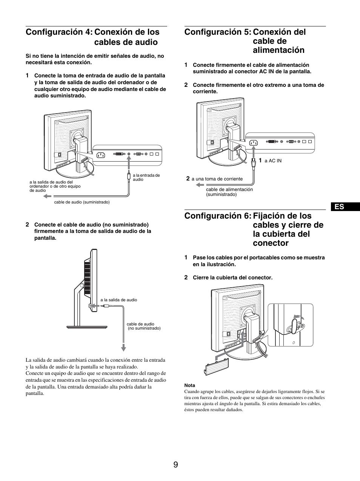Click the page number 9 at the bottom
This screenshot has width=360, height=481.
(175, 464)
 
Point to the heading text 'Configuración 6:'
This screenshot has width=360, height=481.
(217, 216)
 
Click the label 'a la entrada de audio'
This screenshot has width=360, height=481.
(146, 177)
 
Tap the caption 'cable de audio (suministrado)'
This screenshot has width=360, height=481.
(82, 202)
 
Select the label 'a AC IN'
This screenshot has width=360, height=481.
(273, 161)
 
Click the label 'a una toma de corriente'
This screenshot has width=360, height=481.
(217, 179)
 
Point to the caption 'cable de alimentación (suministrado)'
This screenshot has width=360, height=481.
(229, 192)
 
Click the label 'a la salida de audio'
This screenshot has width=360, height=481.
(118, 300)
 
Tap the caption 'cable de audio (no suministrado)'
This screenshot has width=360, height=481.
(143, 326)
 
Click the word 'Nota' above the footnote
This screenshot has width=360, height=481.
(189, 385)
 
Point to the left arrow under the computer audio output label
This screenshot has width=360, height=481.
(48, 196)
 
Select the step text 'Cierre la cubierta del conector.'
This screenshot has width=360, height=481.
(232, 277)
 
